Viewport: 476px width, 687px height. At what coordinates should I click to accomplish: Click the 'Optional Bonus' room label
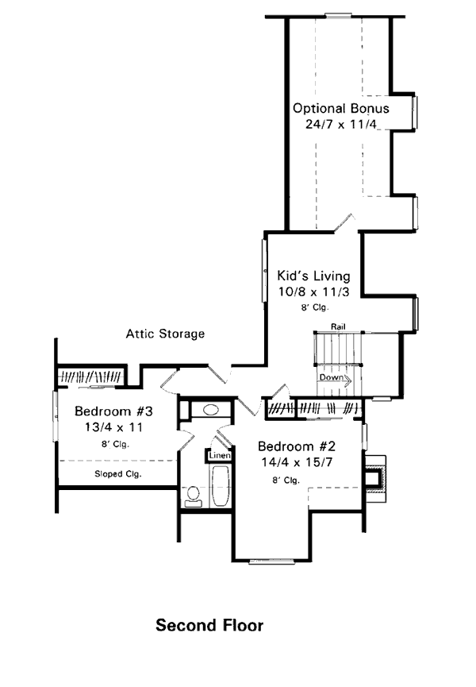[341, 109]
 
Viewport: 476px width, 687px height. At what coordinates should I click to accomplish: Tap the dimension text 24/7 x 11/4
[341, 124]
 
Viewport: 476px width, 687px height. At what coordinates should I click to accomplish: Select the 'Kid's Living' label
[313, 276]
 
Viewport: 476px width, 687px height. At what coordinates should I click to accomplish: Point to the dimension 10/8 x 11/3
[313, 291]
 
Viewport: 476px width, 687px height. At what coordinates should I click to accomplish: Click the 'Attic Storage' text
[165, 334]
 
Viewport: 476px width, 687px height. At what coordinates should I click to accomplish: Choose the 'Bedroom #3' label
[113, 411]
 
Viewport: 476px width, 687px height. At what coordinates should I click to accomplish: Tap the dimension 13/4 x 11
[113, 427]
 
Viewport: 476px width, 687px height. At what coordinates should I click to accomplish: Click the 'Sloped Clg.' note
[118, 474]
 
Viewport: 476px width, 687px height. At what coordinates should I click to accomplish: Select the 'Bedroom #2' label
[297, 446]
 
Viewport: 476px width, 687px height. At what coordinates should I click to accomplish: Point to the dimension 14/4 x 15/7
[297, 462]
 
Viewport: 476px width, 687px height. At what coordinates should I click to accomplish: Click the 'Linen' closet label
[220, 456]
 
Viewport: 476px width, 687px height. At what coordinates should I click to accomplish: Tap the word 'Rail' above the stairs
[338, 326]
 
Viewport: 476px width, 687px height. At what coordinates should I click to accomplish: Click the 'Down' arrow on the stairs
[335, 379]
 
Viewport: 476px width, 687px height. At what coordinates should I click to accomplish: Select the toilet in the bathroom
[193, 496]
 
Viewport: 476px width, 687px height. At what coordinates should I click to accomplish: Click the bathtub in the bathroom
[220, 486]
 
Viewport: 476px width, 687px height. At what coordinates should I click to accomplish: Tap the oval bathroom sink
[211, 410]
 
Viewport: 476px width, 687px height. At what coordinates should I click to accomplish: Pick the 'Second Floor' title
[209, 625]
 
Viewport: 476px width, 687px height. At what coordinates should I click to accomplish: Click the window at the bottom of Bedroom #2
[271, 562]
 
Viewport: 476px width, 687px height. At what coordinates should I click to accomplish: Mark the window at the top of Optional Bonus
[338, 16]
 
